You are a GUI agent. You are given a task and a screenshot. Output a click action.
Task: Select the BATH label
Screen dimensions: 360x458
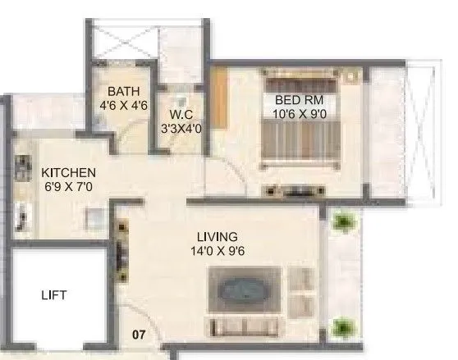[x=124, y=92]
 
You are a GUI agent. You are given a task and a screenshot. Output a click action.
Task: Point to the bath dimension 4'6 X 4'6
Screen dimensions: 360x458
[x=124, y=105]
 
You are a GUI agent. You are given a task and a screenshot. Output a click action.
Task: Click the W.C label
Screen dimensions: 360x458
[x=181, y=114]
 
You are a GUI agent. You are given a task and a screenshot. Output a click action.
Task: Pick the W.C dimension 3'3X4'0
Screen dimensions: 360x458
[x=181, y=128]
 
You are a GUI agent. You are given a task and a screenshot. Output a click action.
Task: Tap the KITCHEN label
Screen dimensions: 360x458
[x=69, y=173]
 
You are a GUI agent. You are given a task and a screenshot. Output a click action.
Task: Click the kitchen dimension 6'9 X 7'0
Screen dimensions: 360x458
[x=69, y=187]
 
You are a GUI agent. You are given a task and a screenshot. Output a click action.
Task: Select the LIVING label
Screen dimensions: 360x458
[x=218, y=237]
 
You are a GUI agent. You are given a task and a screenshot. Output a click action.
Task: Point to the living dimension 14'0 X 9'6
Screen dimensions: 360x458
[x=218, y=251]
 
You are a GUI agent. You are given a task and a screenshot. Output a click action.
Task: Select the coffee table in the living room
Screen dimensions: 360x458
[x=243, y=292]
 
